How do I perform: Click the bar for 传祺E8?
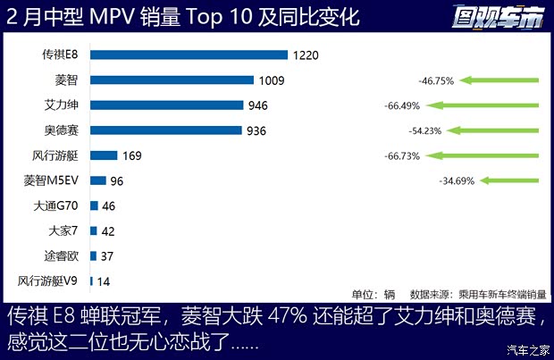pyautogui.click(x=189, y=55)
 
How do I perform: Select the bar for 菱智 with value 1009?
pyautogui.click(x=172, y=80)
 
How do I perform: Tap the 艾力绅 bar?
pyautogui.click(x=166, y=105)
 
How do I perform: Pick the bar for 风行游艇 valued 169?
pyautogui.click(x=104, y=155)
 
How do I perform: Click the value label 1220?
pyautogui.click(x=305, y=55)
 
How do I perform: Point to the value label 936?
pyautogui.click(x=256, y=130)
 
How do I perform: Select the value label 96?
pyautogui.click(x=118, y=180)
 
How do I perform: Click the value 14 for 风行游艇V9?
pyautogui.click(x=104, y=280)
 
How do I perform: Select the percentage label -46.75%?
pyautogui.click(x=436, y=80)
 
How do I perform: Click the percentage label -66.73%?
pyautogui.click(x=400, y=155)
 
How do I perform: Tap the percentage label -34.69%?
pyautogui.click(x=457, y=180)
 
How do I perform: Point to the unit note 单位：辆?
pyautogui.click(x=374, y=294)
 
